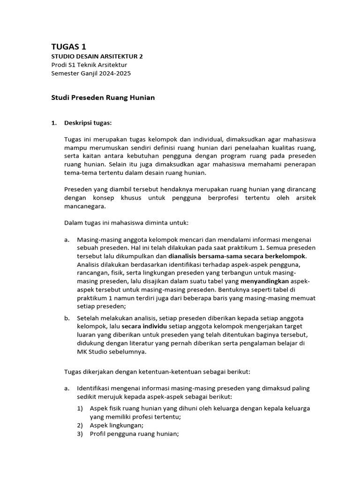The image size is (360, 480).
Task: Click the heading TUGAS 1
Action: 68,46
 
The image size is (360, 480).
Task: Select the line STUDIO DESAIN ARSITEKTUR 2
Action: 97,56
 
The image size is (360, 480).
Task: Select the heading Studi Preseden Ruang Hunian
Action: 103,98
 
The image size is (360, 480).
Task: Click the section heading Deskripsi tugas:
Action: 88,123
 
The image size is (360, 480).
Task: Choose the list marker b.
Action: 67,318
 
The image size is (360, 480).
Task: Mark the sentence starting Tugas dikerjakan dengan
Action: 157,372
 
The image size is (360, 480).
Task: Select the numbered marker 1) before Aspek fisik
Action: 81,408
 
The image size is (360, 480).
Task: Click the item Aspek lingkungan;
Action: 116,425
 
